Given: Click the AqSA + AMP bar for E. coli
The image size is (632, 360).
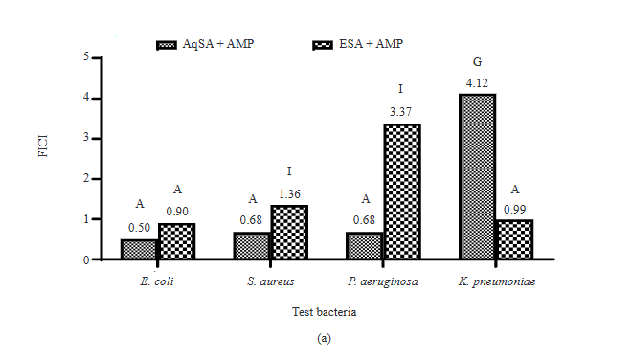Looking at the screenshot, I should tap(140, 249).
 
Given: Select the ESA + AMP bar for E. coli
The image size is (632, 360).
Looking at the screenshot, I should tap(177, 241).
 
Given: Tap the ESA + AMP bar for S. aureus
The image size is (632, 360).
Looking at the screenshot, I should tap(289, 232).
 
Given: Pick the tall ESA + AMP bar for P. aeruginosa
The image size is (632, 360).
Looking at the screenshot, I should tap(401, 191).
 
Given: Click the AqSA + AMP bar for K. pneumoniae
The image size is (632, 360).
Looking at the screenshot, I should tap(477, 176).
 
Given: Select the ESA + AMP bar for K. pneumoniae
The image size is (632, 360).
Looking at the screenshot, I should tap(514, 239).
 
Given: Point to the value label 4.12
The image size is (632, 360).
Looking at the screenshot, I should tap(477, 83).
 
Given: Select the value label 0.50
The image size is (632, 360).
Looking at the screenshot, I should tap(140, 228).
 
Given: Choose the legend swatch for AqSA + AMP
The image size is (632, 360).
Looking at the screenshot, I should tap(169, 45).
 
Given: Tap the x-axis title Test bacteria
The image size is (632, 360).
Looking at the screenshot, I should tap(324, 312).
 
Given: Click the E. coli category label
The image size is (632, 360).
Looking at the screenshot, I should tap(158, 281).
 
